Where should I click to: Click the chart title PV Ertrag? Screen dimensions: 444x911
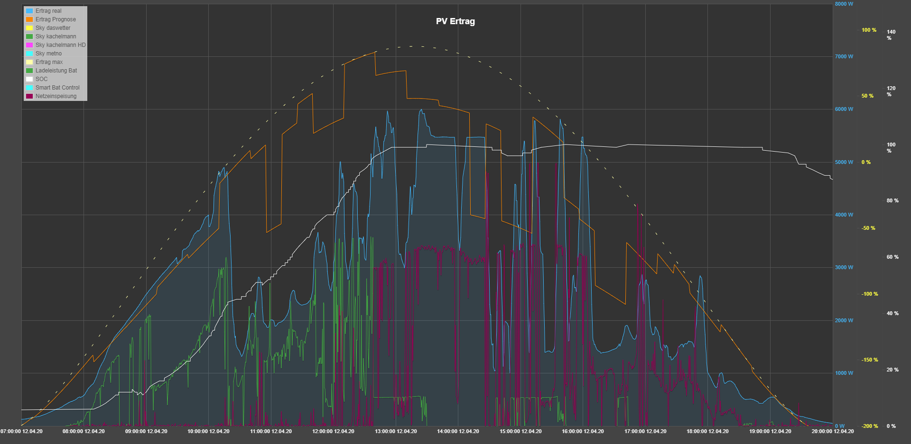(x=455, y=21)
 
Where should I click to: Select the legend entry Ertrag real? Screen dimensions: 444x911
(x=48, y=11)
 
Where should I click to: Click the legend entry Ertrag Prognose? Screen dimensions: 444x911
(x=56, y=19)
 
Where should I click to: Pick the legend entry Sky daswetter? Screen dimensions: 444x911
(x=53, y=28)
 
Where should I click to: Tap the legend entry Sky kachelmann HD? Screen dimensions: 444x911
(x=60, y=45)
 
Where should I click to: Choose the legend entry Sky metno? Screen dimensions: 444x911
(x=48, y=54)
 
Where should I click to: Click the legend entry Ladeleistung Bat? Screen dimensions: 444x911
(x=56, y=71)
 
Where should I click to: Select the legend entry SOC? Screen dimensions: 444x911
(x=41, y=79)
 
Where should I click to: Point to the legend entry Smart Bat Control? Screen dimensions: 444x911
(x=57, y=88)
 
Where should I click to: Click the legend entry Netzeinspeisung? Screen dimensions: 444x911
(x=56, y=96)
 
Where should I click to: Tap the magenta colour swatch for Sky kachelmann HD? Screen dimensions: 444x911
(x=29, y=45)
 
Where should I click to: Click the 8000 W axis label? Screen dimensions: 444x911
(x=844, y=4)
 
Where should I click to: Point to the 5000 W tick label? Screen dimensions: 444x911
(x=844, y=162)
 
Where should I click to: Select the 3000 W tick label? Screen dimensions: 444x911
(x=844, y=267)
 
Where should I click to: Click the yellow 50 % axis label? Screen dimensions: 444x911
(x=867, y=96)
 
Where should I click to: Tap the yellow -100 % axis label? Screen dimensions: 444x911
(x=870, y=294)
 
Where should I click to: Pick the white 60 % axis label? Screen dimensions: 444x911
(x=892, y=257)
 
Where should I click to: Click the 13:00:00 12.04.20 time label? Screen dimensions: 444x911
(x=396, y=431)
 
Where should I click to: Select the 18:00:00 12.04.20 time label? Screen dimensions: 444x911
(x=707, y=431)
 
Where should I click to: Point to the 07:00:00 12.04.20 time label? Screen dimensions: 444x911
(x=21, y=431)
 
